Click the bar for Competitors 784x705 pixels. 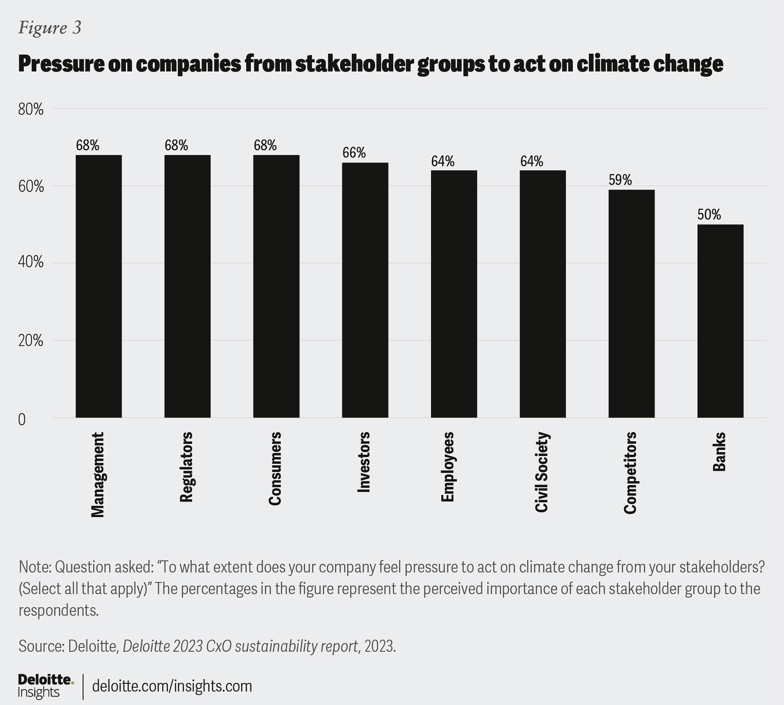[x=632, y=304]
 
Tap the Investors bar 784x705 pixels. [x=365, y=290]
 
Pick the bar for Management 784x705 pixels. [x=99, y=286]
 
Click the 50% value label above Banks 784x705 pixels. [x=709, y=215]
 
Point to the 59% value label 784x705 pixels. [x=620, y=180]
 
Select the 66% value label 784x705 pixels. [x=354, y=153]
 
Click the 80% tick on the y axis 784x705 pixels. [x=31, y=109]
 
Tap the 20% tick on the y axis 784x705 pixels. [x=31, y=341]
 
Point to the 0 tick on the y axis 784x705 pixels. [x=22, y=419]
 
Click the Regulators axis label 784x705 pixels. [x=187, y=467]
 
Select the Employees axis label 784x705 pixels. [x=448, y=466]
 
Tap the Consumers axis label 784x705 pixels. [x=275, y=468]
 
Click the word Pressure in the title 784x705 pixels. [x=61, y=64]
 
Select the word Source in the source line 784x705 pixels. [x=41, y=646]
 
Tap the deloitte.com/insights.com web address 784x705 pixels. [x=172, y=686]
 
